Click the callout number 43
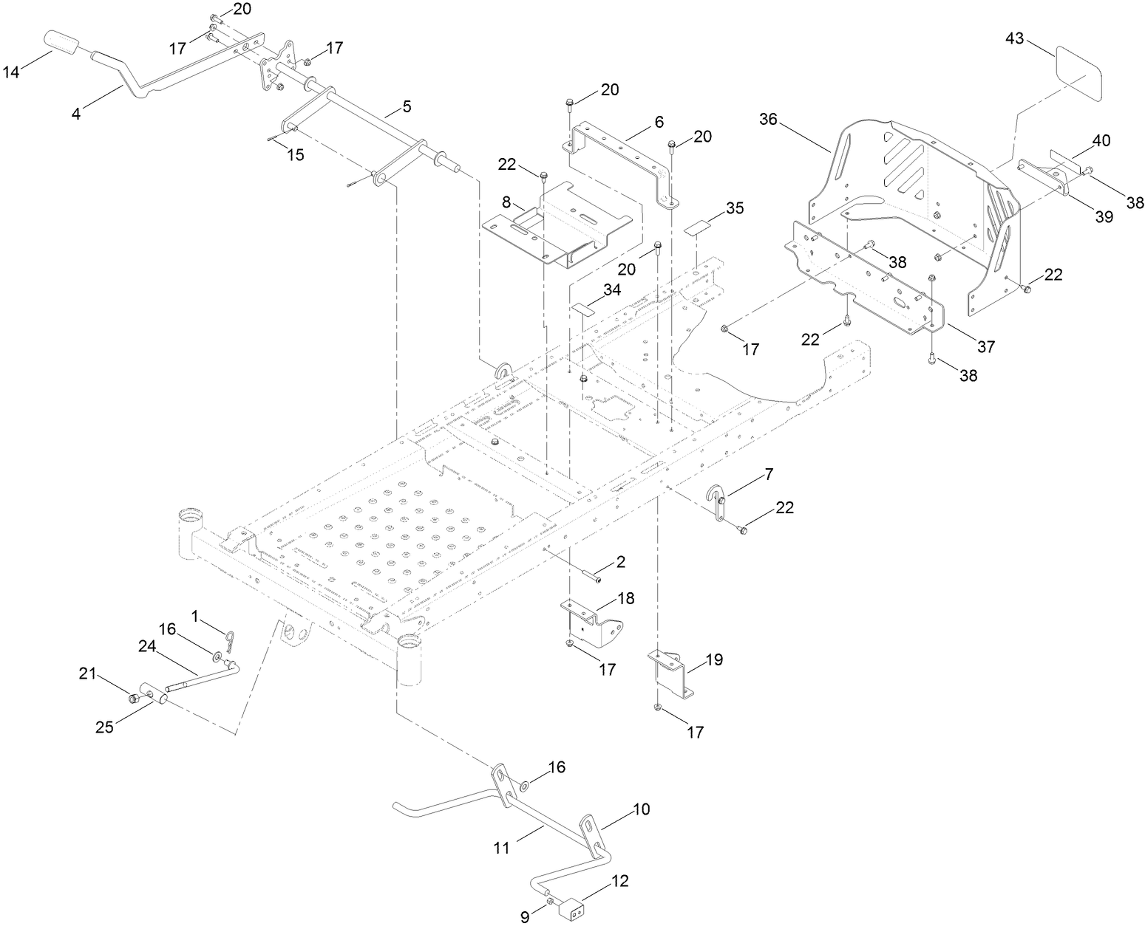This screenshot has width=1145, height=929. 1014,38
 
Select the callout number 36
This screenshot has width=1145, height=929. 768,119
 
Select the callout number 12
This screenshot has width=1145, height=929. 619,882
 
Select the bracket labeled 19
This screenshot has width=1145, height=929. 674,671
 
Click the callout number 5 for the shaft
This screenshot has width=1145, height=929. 407,106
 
